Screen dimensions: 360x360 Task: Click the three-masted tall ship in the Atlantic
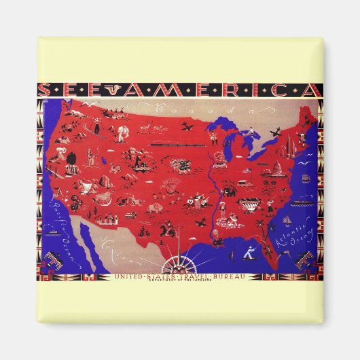306,178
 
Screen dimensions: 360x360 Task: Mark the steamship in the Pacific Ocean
52,232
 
